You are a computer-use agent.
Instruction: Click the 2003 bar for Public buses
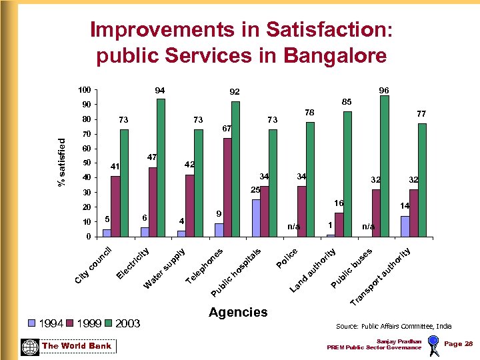(384, 166)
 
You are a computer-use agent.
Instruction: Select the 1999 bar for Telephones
(227, 187)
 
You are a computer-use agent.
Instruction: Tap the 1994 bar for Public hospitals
(256, 218)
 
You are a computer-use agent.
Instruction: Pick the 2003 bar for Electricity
(161, 167)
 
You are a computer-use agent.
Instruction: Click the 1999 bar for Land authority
(339, 225)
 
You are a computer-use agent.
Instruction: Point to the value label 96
(384, 90)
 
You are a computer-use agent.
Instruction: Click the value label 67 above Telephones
(227, 128)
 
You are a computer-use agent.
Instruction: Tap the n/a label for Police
(294, 227)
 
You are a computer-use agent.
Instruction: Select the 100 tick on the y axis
(84, 90)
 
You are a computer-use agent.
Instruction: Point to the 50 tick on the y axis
(86, 163)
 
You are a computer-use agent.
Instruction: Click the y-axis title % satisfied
(62, 163)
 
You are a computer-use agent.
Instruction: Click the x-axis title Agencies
(238, 312)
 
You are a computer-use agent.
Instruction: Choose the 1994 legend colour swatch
(31, 323)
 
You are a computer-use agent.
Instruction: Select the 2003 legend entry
(123, 323)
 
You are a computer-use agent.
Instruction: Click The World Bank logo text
(77, 346)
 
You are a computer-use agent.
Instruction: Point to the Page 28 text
(458, 343)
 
